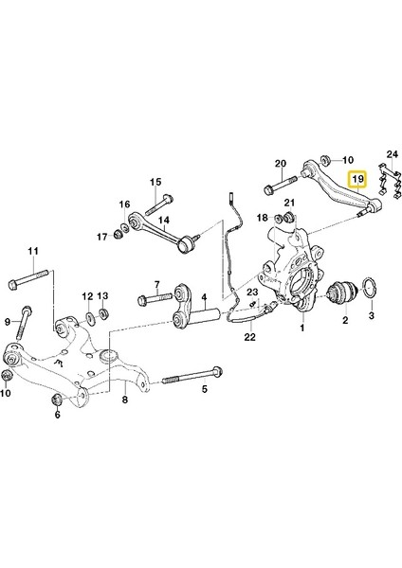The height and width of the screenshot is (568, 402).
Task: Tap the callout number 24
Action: (393, 153)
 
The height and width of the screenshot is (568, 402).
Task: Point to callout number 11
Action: (31, 250)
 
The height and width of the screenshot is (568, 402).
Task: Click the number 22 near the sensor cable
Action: (249, 336)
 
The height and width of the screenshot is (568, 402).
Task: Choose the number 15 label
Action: (155, 182)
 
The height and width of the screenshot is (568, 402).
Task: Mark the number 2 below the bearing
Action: (345, 321)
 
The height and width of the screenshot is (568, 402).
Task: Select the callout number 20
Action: (280, 163)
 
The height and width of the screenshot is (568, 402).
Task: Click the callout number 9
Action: (9, 320)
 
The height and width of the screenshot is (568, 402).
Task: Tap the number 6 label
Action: (57, 414)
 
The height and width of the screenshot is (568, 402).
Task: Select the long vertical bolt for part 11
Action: (30, 282)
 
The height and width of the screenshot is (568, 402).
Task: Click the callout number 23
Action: (253, 293)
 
